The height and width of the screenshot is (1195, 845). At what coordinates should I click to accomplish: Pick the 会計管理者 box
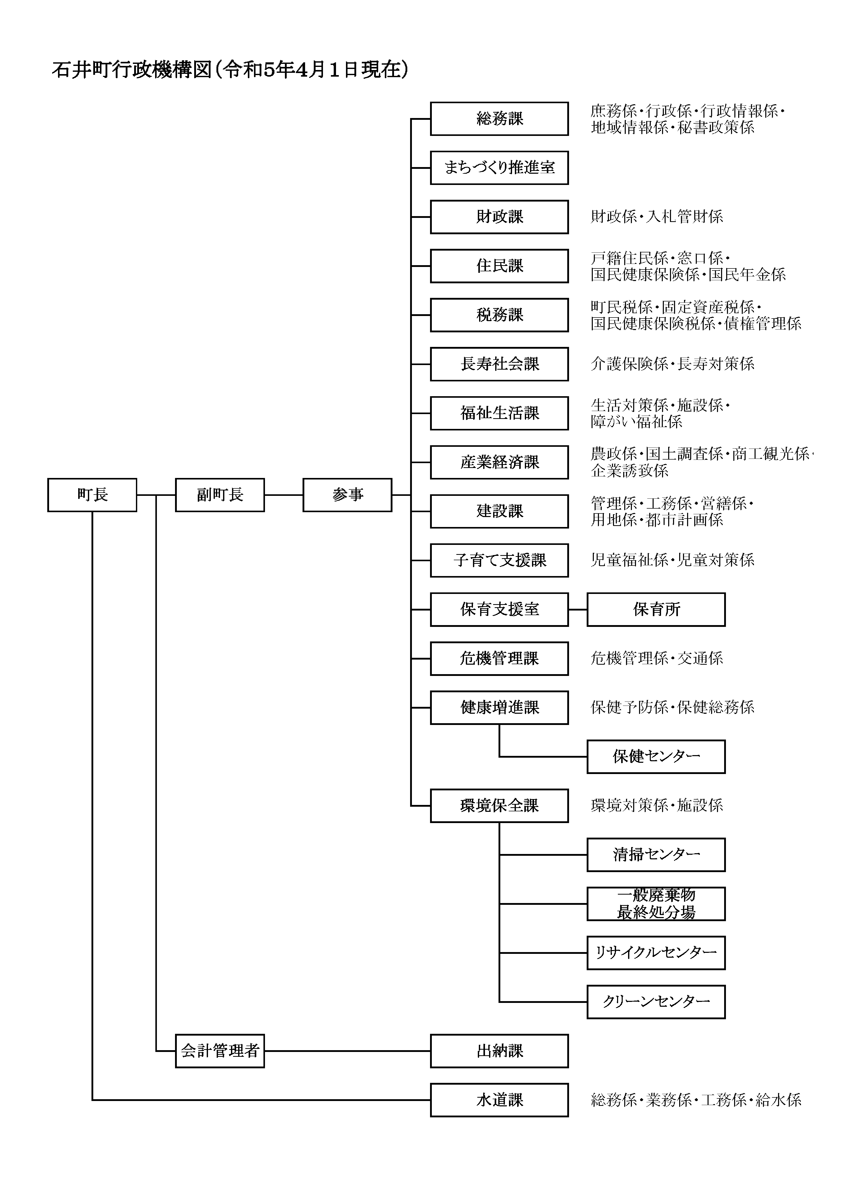click(x=220, y=1051)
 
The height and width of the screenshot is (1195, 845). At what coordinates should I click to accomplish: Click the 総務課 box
click(x=499, y=119)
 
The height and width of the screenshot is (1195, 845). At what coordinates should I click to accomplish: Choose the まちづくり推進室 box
click(x=499, y=168)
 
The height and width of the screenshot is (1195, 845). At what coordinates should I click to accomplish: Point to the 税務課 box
click(x=499, y=315)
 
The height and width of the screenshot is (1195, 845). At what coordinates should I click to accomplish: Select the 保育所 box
click(x=656, y=610)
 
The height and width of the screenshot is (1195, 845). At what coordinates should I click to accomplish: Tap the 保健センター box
click(x=656, y=757)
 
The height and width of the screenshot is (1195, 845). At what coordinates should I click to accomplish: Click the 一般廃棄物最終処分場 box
click(x=656, y=904)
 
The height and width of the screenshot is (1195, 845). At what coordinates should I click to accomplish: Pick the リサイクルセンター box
click(x=656, y=953)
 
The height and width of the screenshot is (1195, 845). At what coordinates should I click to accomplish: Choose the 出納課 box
click(x=499, y=1051)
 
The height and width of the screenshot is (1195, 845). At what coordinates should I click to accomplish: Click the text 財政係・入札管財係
click(x=656, y=217)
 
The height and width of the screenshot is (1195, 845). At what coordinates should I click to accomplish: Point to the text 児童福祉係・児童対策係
click(x=672, y=560)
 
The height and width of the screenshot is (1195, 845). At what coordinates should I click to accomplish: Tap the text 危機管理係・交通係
click(x=656, y=658)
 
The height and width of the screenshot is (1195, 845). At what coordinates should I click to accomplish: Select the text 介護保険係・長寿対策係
click(x=672, y=364)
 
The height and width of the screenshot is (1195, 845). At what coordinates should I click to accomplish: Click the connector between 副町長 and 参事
click(x=284, y=495)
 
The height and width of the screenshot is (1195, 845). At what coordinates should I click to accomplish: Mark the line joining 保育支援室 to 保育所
click(x=578, y=610)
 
